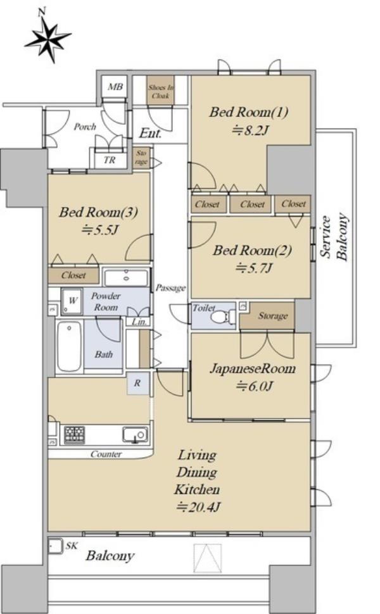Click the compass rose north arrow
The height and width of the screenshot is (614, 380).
coord(47,37)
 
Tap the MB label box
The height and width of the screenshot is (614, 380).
coord(115,87)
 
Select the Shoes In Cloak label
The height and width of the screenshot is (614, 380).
coord(161,91)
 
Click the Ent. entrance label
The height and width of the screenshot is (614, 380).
coord(151,133)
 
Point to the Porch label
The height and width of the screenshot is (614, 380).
coord(85,127)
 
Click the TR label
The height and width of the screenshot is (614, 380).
coord(110,160)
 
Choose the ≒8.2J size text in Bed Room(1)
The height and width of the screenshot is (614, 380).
coord(250,130)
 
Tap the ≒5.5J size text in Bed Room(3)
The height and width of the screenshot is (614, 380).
coord(99,230)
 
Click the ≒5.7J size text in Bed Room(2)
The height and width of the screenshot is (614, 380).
coord(253,268)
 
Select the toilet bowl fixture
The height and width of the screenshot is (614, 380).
coord(222,316)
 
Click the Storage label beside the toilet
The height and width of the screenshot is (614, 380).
coord(273,316)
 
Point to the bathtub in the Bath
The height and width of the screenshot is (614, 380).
coord(69,346)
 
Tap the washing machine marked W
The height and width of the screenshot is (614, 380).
coord(72,301)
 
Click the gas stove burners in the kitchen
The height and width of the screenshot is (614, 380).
coord(75,435)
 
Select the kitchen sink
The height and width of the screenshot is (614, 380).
coord(135,435)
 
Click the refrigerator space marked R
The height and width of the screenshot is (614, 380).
coord(138,382)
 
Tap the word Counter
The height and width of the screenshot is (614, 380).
coord(106,454)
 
